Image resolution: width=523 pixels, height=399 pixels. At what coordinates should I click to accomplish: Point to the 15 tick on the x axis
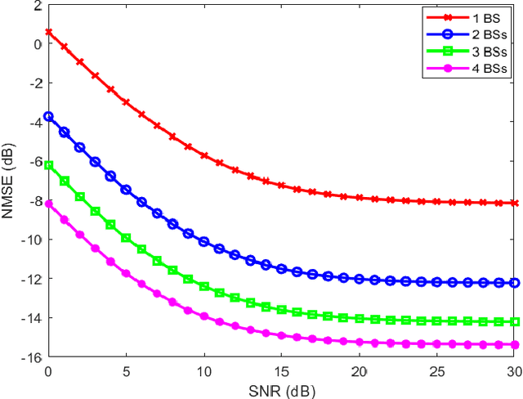tap(281, 370)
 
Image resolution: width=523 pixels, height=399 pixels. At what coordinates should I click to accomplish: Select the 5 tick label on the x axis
tap(126, 370)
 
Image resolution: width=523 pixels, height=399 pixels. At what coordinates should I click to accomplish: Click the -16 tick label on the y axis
tap(31, 356)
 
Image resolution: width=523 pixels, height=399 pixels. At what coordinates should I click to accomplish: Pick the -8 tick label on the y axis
tap(34, 200)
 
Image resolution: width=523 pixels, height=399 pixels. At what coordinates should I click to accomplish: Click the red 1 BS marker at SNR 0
tap(48, 33)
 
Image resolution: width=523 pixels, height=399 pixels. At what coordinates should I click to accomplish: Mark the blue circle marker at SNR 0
tap(48, 116)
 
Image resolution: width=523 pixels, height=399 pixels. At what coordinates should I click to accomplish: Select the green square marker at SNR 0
tap(48, 165)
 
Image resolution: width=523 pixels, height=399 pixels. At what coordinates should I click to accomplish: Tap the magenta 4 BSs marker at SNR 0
tap(48, 204)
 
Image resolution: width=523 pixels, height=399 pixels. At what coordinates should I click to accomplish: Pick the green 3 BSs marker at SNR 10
tap(204, 287)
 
